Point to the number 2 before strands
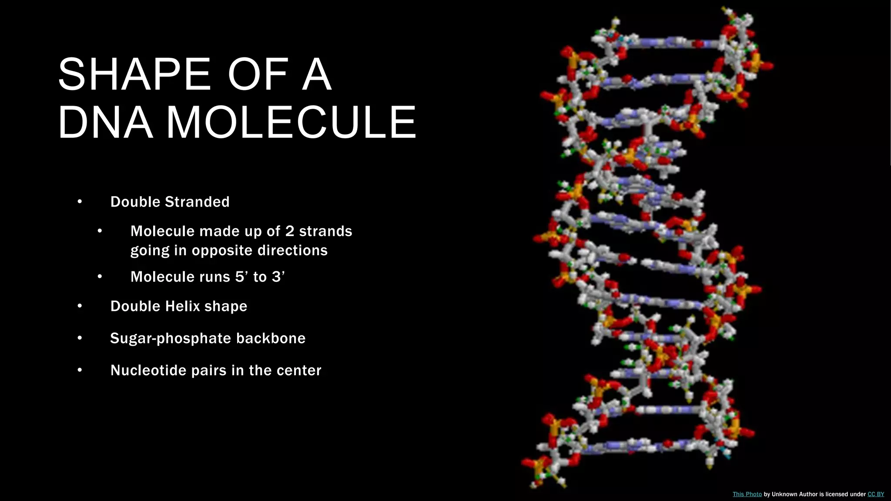click(290, 231)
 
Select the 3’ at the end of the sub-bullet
click(278, 277)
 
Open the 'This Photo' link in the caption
click(747, 494)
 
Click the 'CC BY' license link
click(875, 494)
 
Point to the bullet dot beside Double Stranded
click(80, 201)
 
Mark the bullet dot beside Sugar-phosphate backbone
click(80, 338)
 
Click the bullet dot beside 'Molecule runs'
click(100, 276)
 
